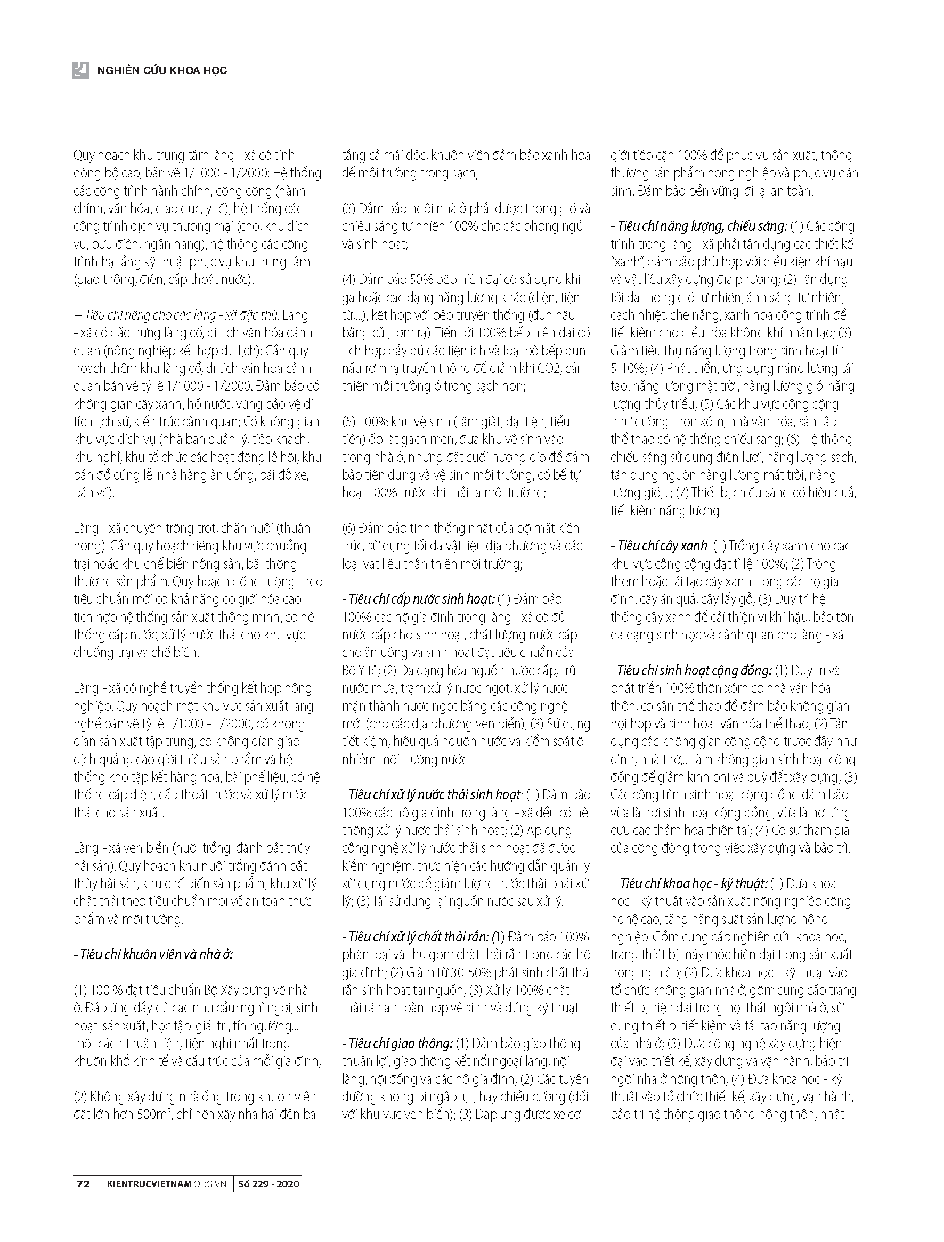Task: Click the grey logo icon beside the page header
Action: (x=80, y=70)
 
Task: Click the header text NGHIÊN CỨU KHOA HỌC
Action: (x=162, y=71)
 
